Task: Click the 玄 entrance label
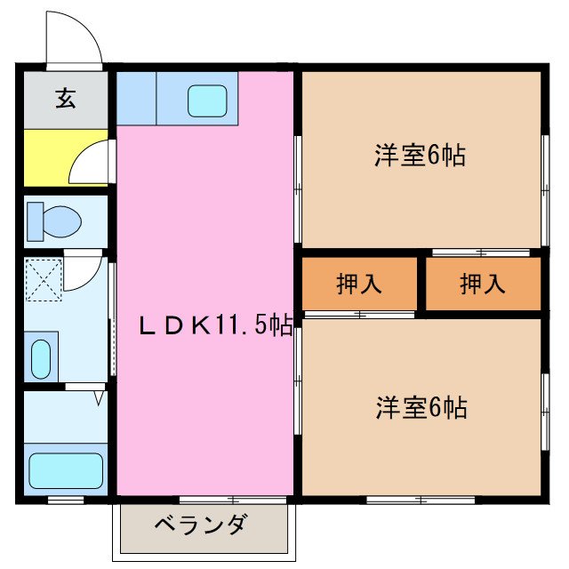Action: point(66,98)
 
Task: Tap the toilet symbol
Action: point(53,220)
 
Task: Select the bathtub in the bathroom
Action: point(66,469)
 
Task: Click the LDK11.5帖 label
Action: point(214,325)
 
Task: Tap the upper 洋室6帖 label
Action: point(419,156)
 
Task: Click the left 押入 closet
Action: point(359,284)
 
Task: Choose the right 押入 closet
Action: point(483,284)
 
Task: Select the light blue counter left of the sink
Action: point(136,97)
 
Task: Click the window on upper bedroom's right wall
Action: point(543,189)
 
